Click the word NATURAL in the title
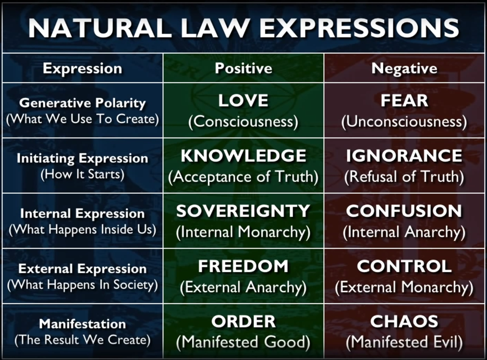click(100, 28)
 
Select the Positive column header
click(244, 68)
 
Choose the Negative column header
click(405, 68)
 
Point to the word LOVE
click(243, 101)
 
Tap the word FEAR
click(405, 101)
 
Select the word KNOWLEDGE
click(244, 156)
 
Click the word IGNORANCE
click(405, 156)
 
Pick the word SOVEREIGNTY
click(243, 211)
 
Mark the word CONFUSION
click(405, 211)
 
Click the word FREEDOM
click(243, 266)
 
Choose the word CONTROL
click(405, 266)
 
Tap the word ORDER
click(244, 321)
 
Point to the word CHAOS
click(405, 321)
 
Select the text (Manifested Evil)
click(405, 342)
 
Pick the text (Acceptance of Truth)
click(243, 177)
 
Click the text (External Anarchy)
click(243, 287)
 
